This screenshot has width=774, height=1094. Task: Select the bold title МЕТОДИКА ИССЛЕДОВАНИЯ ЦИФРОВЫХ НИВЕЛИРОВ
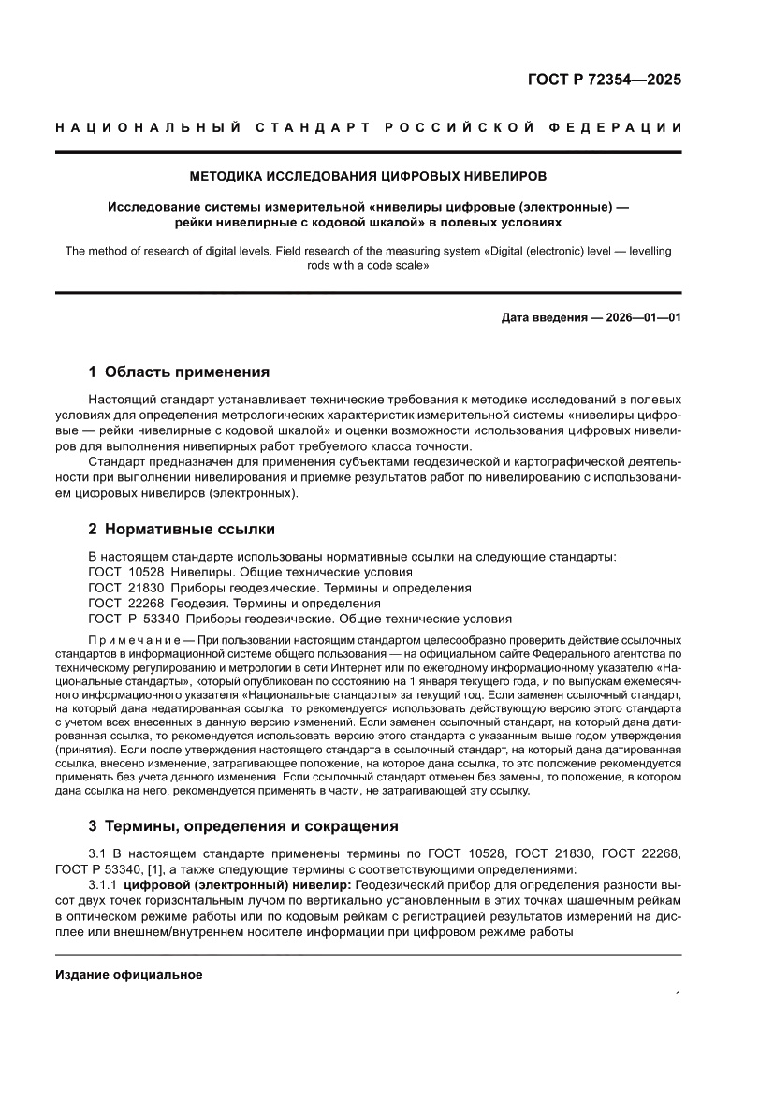[x=368, y=175]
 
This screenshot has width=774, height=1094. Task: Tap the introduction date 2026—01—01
[x=646, y=317]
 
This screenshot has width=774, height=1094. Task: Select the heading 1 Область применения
[x=179, y=372]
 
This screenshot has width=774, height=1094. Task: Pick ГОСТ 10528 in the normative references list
[x=119, y=572]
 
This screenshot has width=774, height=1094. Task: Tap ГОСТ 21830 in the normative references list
[x=119, y=588]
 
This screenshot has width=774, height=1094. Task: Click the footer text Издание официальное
[x=129, y=974]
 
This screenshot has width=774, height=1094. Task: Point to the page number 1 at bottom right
[x=678, y=996]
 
